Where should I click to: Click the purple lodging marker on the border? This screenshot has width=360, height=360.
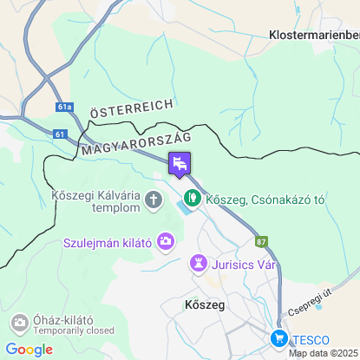[x=180, y=163]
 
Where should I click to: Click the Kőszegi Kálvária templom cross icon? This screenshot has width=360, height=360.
[x=154, y=201]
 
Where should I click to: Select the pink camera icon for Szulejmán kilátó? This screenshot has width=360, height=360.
[x=165, y=244]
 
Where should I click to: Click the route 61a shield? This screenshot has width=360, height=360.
[x=64, y=107]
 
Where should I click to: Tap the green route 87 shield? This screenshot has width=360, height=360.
[x=262, y=241]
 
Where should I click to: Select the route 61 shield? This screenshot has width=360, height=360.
[x=58, y=134]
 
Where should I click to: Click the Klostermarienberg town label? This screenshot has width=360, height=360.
[x=314, y=35]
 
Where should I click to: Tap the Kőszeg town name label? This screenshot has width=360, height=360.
[x=205, y=305]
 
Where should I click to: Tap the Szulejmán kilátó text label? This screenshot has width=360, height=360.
[x=108, y=243]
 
